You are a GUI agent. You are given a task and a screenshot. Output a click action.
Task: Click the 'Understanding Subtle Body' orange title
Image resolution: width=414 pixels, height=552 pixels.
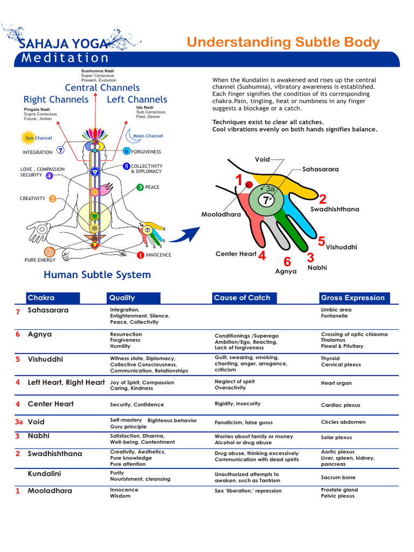pos(283,43)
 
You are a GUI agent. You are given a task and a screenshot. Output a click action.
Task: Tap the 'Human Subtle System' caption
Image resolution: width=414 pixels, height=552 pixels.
pos(97,275)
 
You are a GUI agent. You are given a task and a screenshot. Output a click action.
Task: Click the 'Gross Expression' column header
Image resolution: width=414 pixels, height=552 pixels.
pos(353,298)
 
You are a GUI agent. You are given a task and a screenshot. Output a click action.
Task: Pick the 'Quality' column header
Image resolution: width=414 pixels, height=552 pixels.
pos(122,298)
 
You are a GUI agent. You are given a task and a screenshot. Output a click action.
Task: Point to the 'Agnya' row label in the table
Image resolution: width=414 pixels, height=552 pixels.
pos(40,334)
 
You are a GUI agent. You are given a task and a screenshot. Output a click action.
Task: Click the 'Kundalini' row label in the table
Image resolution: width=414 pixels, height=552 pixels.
pos(44,473)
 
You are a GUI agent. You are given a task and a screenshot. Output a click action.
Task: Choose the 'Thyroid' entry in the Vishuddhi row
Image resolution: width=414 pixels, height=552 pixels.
pos(330,358)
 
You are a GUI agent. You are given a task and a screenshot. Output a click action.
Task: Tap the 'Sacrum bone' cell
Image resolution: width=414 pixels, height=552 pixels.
pos(338,477)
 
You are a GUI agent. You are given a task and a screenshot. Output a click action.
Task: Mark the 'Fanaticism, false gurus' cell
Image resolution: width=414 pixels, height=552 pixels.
pos(243,423)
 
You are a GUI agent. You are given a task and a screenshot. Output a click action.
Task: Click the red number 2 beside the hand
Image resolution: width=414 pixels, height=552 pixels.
pos(322,199)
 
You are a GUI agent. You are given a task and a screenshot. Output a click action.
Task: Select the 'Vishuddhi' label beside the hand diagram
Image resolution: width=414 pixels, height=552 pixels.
pos(341,247)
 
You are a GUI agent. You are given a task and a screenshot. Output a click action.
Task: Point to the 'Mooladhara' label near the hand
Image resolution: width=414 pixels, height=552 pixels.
pos(221,214)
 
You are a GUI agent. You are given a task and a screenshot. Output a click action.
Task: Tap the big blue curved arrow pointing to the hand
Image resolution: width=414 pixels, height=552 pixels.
pos(188,235)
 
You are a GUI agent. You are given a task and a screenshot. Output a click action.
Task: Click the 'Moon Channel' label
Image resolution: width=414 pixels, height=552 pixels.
pos(148,136)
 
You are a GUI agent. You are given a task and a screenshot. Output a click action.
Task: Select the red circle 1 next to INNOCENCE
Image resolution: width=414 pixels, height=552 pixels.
pos(140,254)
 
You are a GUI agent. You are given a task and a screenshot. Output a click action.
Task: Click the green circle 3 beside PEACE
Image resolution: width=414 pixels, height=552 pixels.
pos(140,187)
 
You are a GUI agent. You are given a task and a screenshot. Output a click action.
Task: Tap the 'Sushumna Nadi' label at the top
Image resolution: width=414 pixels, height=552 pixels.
pos(97,71)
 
